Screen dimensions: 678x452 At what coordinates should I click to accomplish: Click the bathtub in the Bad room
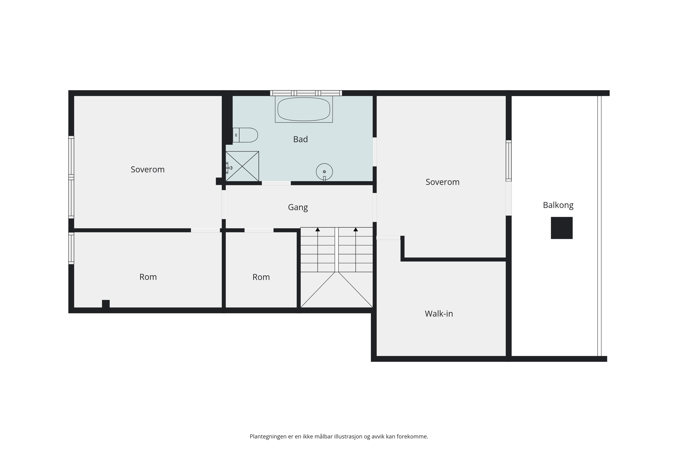tap(304, 109)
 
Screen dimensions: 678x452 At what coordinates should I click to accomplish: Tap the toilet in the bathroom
tap(245, 135)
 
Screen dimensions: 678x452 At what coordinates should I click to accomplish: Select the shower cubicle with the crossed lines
tap(242, 166)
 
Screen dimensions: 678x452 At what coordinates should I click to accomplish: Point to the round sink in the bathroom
tap(324, 172)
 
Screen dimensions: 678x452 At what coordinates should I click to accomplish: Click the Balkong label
tap(558, 205)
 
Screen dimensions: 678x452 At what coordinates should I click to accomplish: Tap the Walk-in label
tap(439, 314)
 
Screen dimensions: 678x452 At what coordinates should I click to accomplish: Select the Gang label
tap(298, 208)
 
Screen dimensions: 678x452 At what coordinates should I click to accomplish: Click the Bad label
tap(300, 139)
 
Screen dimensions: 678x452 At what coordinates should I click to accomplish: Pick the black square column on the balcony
tap(562, 228)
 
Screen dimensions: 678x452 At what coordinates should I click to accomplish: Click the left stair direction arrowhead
tap(318, 229)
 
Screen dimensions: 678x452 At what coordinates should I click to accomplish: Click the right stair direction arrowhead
tap(356, 229)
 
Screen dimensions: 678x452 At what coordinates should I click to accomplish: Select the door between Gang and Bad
tap(276, 183)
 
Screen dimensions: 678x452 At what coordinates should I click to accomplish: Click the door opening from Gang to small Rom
tap(259, 230)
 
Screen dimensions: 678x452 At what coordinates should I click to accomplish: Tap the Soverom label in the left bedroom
tap(148, 169)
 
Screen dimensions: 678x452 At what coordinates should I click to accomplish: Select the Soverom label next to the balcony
tap(443, 182)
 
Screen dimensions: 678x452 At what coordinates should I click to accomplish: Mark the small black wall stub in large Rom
tap(106, 304)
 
